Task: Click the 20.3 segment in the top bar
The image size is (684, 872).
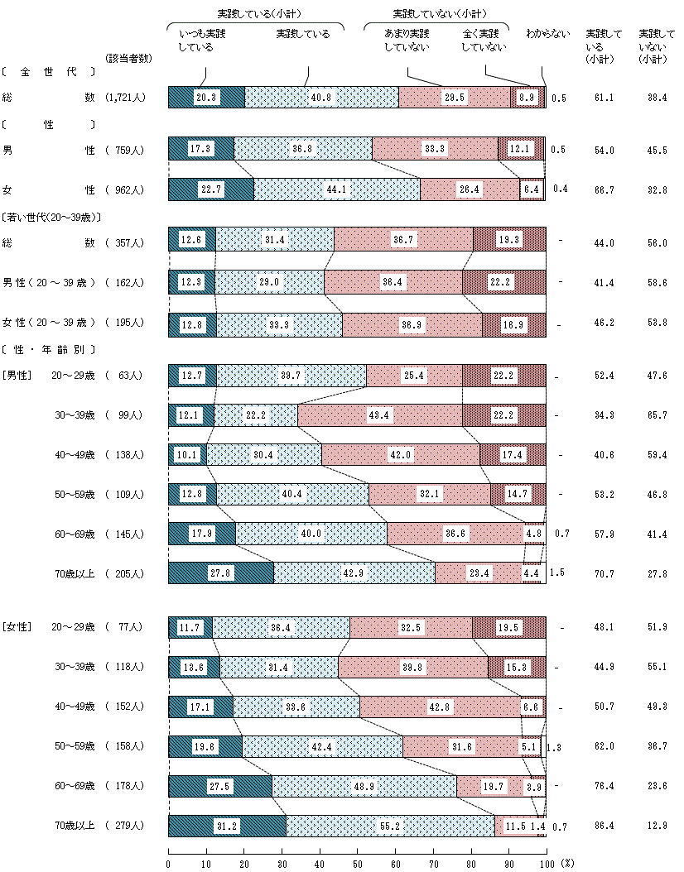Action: (x=206, y=97)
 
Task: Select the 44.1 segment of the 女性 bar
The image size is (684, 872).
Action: (x=336, y=189)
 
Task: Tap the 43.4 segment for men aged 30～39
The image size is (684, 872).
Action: (x=380, y=414)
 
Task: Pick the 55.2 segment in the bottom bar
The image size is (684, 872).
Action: (x=390, y=826)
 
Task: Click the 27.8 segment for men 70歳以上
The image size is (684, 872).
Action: (x=220, y=573)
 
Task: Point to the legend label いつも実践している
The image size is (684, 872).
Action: (x=201, y=41)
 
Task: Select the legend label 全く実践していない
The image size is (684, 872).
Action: (x=484, y=41)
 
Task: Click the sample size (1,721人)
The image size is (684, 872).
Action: (x=126, y=97)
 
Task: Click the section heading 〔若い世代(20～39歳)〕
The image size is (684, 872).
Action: (x=51, y=218)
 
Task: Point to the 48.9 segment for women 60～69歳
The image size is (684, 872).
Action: (x=364, y=786)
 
